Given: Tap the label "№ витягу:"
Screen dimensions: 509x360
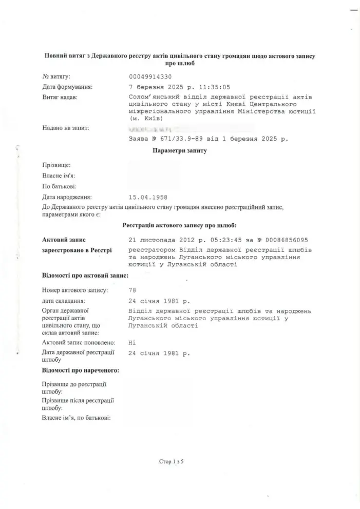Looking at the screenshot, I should [56, 76].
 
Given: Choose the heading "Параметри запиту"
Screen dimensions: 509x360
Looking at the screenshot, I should [180, 151].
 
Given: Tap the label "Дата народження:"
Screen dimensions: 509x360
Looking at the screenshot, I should [67, 197].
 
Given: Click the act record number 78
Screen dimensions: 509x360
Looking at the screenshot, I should [132, 290].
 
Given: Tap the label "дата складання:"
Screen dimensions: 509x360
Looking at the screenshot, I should [63, 301].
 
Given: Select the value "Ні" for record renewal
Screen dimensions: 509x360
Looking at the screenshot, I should [132, 342].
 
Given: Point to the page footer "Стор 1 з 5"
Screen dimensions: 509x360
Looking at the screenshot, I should [171, 462].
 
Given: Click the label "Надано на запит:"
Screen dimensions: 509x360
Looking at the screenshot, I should [66, 128].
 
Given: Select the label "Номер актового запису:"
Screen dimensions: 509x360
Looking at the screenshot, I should [74, 290].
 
